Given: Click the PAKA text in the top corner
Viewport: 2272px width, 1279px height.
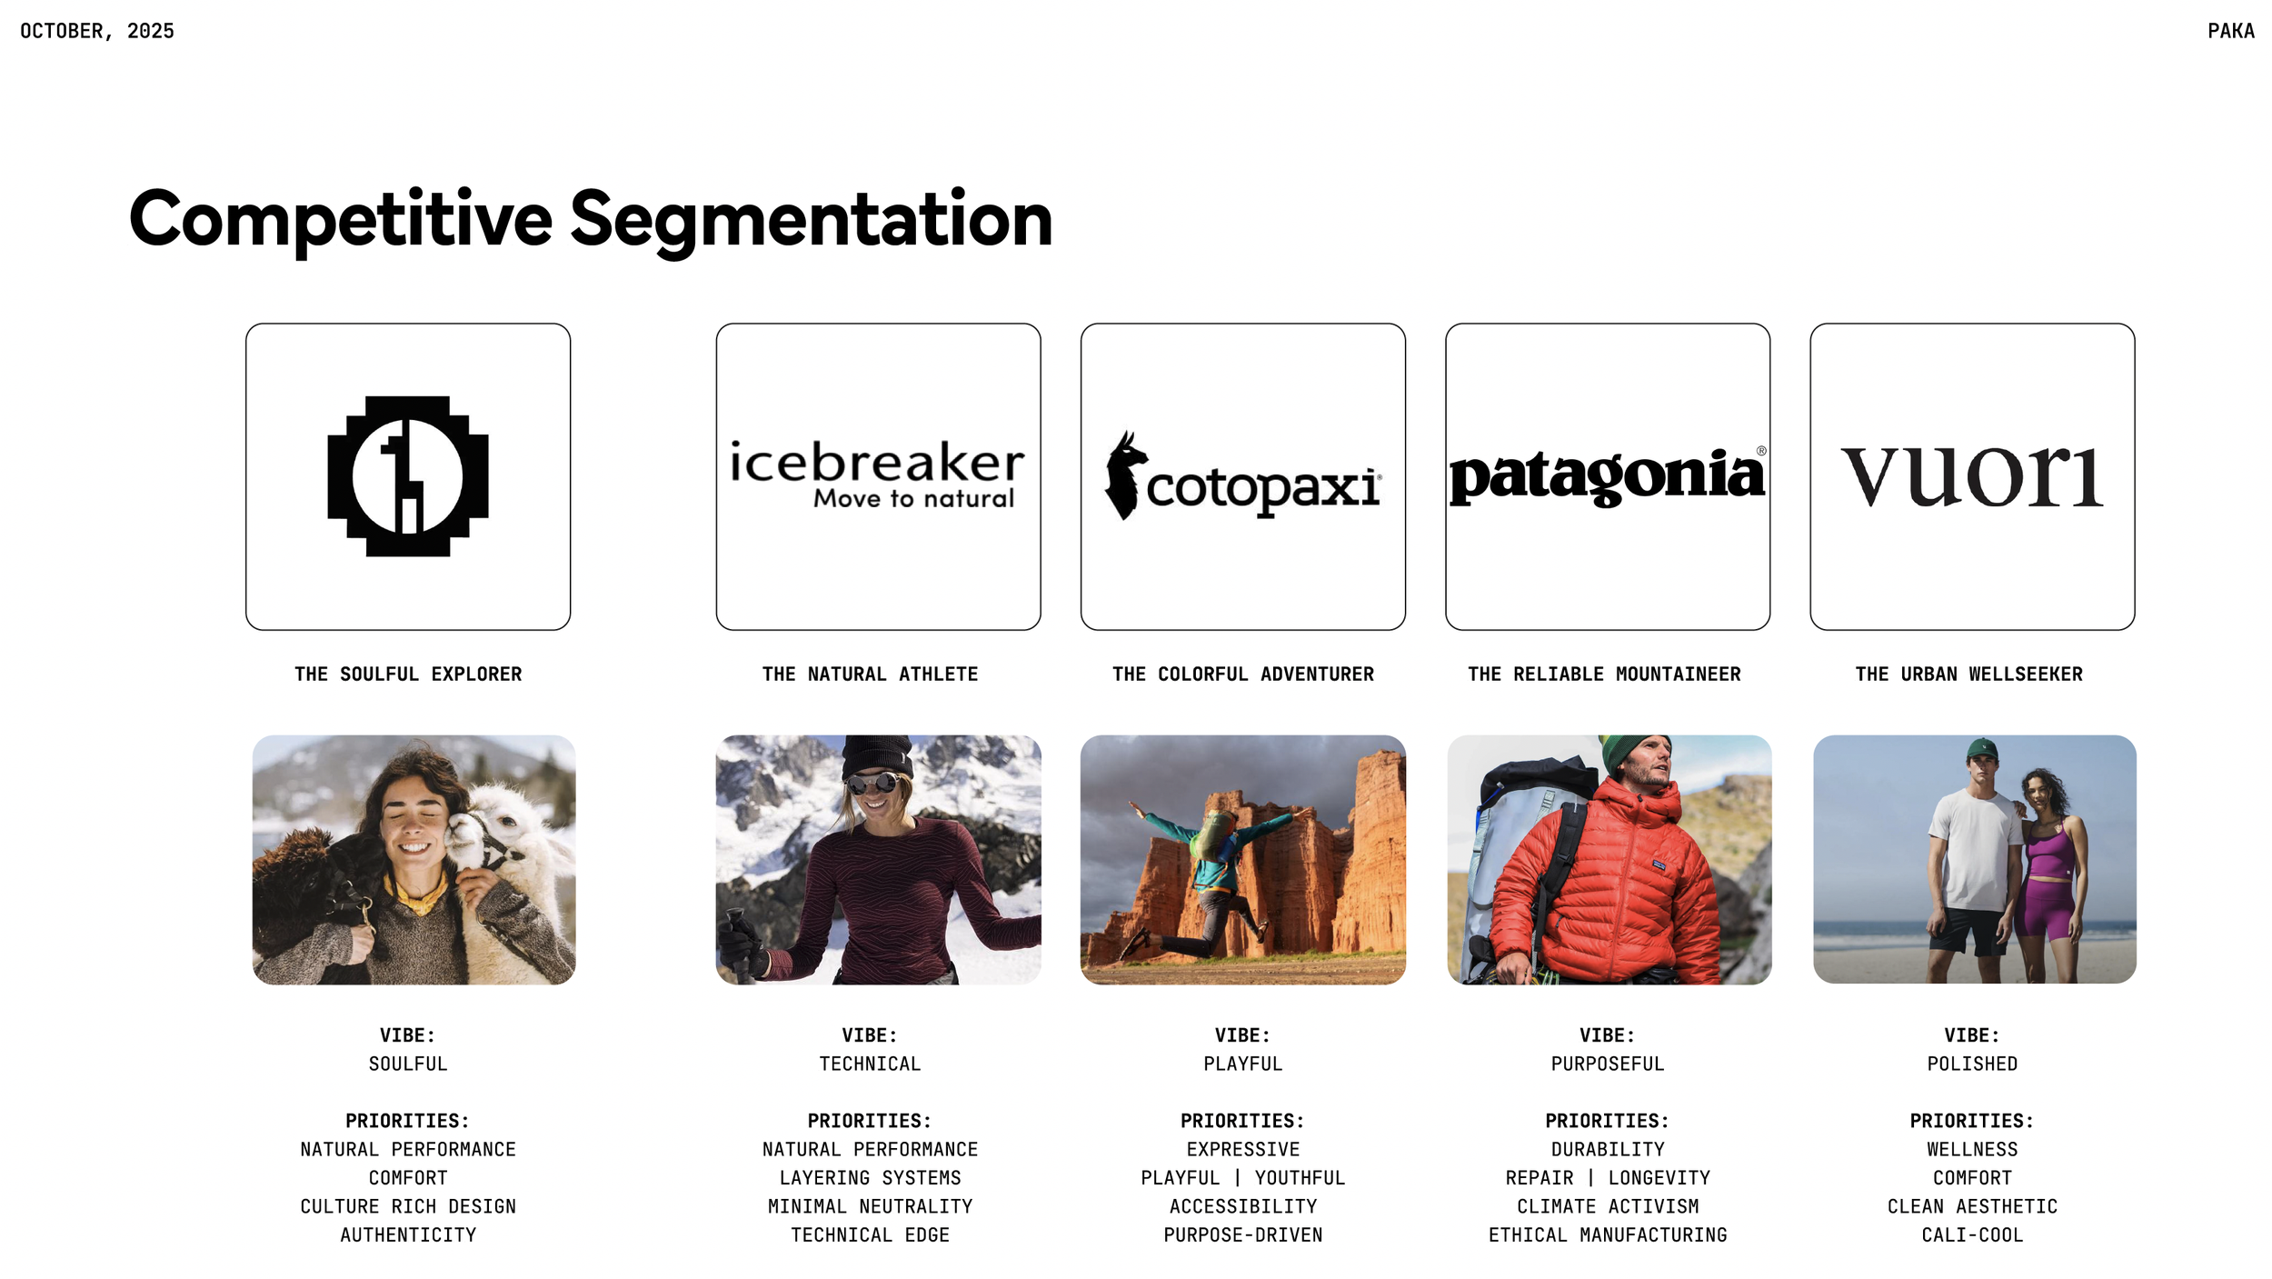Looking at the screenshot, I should (x=2230, y=31).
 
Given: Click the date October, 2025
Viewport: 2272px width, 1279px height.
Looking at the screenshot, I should (x=97, y=31).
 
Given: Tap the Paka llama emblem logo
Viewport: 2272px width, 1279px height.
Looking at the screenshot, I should (x=408, y=475).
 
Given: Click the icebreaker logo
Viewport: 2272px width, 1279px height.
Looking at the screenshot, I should (x=877, y=473).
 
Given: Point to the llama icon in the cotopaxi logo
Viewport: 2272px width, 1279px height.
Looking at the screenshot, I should (x=1124, y=475).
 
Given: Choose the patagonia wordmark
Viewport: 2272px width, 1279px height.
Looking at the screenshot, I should (x=1607, y=475).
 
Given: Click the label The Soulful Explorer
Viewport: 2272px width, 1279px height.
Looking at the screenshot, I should (x=408, y=674).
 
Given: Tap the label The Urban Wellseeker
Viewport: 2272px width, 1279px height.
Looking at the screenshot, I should (x=1968, y=674).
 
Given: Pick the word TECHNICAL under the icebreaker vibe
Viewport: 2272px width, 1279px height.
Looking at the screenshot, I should (x=870, y=1064).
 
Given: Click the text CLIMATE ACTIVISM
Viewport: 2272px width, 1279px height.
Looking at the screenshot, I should (x=1607, y=1206).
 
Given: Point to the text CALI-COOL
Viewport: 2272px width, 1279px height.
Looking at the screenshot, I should (x=1971, y=1234).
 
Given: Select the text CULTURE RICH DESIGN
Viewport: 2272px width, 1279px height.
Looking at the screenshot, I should (x=408, y=1206).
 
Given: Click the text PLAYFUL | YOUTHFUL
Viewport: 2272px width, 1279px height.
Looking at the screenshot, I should (x=1242, y=1178).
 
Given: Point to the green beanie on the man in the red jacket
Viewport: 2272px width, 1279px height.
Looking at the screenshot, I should (x=1627, y=751).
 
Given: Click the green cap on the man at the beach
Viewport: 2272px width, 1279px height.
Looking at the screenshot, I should (x=1981, y=750).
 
